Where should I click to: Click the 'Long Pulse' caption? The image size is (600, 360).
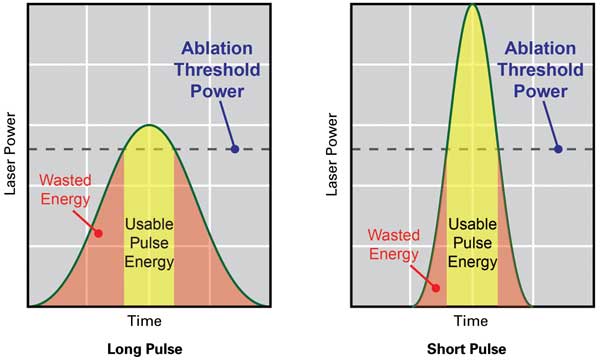click(149, 348)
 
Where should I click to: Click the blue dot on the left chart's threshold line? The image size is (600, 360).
click(234, 149)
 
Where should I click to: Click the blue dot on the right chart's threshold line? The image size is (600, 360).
click(557, 149)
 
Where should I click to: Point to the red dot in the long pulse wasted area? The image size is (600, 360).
click(98, 233)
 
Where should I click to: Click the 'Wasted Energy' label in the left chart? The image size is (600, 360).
click(65, 190)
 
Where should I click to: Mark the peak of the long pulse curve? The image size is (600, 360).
click(149, 125)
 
